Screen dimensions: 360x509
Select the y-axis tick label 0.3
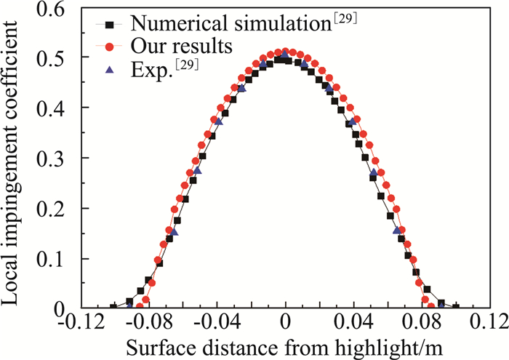(60, 158)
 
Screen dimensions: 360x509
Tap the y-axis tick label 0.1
(60, 258)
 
